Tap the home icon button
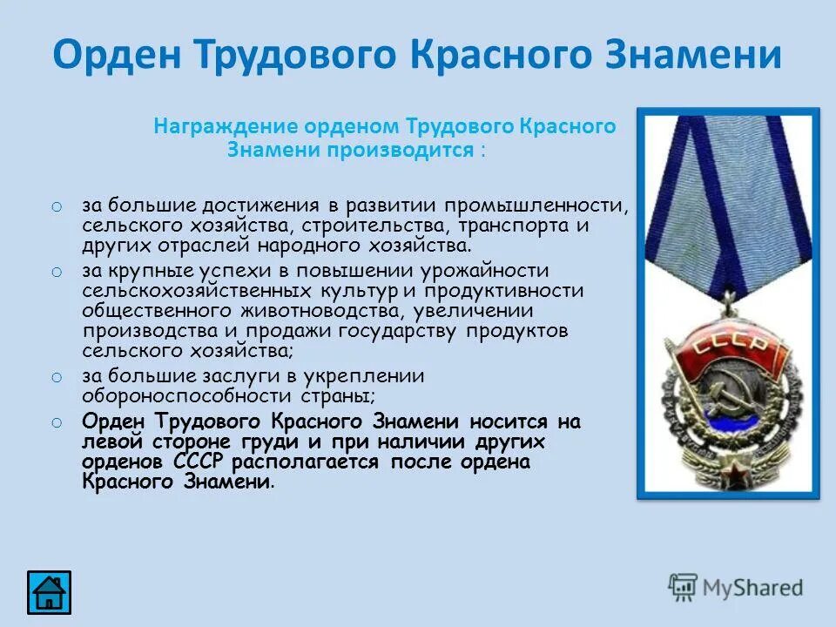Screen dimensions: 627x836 click(49, 592)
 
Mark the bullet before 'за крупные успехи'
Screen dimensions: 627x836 click(56, 272)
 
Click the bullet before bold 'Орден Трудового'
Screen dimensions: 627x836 click(56, 422)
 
